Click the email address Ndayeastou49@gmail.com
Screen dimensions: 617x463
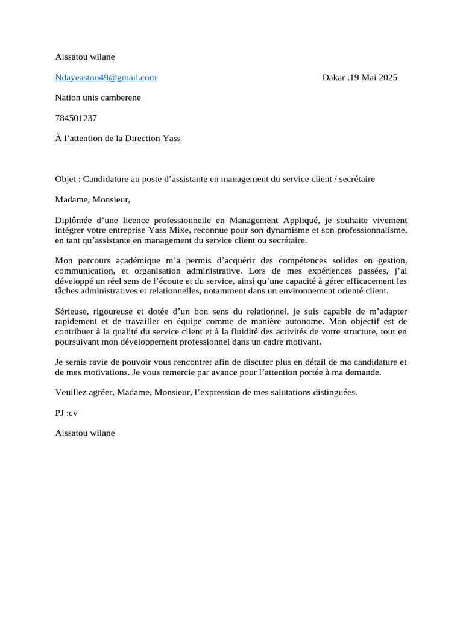pyautogui.click(x=106, y=77)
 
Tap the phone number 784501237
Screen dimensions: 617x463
pyautogui.click(x=75, y=118)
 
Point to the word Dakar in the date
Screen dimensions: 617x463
pyautogui.click(x=333, y=77)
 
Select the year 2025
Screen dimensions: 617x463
pyautogui.click(x=387, y=77)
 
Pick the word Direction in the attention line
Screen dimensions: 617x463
pyautogui.click(x=143, y=138)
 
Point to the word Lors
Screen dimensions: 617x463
pyautogui.click(x=257, y=271)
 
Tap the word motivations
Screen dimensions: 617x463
pyautogui.click(x=98, y=372)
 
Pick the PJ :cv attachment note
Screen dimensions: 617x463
pyautogui.click(x=66, y=413)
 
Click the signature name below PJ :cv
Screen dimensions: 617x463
pyautogui.click(x=84, y=433)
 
